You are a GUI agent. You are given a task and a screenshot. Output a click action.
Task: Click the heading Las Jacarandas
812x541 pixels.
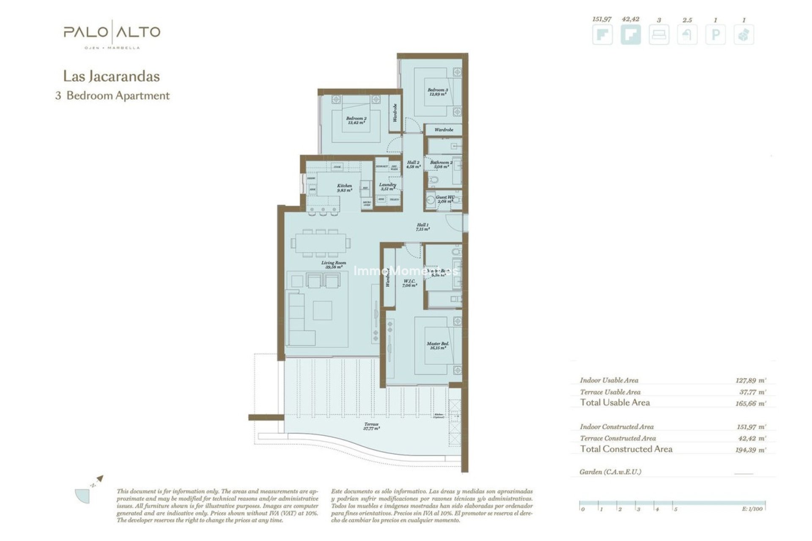pyautogui.click(x=111, y=77)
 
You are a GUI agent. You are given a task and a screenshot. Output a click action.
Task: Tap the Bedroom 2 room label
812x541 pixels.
pyautogui.click(x=356, y=120)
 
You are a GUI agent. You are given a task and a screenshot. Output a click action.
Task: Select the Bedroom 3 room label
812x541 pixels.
pyautogui.click(x=437, y=92)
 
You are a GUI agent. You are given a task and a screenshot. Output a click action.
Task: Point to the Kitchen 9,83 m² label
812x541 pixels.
pyautogui.click(x=344, y=188)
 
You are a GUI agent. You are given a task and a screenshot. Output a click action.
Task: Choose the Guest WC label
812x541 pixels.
pyautogui.click(x=445, y=199)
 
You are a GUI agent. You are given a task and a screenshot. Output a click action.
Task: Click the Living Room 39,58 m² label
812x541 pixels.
pyautogui.click(x=333, y=265)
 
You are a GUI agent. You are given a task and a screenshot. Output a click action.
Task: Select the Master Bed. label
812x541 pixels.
pyautogui.click(x=438, y=346)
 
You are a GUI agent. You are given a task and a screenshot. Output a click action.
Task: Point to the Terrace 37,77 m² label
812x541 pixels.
pyautogui.click(x=371, y=426)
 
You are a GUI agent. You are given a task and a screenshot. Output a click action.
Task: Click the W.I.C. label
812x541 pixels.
pyautogui.click(x=409, y=283)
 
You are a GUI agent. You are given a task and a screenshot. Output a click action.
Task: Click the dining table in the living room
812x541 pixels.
pyautogui.click(x=320, y=243)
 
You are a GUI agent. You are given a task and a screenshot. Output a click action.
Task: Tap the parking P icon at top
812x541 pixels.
pyautogui.click(x=715, y=35)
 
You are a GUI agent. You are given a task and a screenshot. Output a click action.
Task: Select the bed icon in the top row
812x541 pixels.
pyautogui.click(x=658, y=35)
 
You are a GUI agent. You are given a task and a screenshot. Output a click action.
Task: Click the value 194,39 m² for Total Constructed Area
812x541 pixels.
pyautogui.click(x=750, y=450)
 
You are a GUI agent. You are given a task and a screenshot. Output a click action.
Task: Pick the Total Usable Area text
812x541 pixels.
pyautogui.click(x=614, y=402)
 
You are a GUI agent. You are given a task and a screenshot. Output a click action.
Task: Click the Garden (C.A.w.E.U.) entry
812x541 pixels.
pyautogui.click(x=610, y=472)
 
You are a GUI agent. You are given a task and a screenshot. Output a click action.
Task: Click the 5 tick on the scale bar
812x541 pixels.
pyautogui.click(x=675, y=509)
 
